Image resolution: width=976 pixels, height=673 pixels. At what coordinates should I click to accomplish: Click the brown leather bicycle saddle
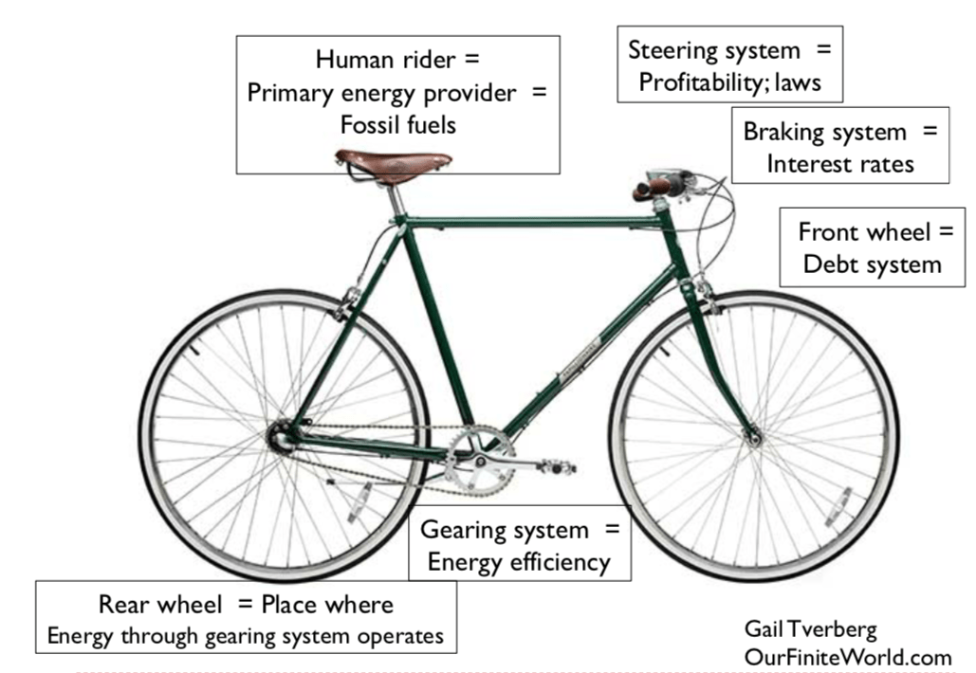[393, 163]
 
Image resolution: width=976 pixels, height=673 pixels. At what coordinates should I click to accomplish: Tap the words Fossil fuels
[397, 124]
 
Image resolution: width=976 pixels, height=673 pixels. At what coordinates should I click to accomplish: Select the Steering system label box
[729, 65]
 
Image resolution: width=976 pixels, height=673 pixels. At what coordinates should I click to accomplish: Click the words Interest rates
[839, 164]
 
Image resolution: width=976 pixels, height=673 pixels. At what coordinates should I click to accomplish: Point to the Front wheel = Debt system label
[872, 246]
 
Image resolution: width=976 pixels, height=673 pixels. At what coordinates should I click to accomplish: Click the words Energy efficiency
[518, 561]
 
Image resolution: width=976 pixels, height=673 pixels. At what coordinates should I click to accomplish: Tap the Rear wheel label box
[246, 618]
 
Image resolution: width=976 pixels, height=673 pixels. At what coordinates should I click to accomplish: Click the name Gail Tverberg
[810, 628]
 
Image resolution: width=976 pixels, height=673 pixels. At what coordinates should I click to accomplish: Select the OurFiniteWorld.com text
[847, 656]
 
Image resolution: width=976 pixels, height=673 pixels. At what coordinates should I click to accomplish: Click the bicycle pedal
[556, 466]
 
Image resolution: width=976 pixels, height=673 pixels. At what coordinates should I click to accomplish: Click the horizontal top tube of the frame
[531, 223]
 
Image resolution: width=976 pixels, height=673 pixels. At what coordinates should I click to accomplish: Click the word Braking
[783, 132]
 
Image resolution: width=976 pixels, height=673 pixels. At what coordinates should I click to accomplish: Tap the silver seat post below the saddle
[396, 198]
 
